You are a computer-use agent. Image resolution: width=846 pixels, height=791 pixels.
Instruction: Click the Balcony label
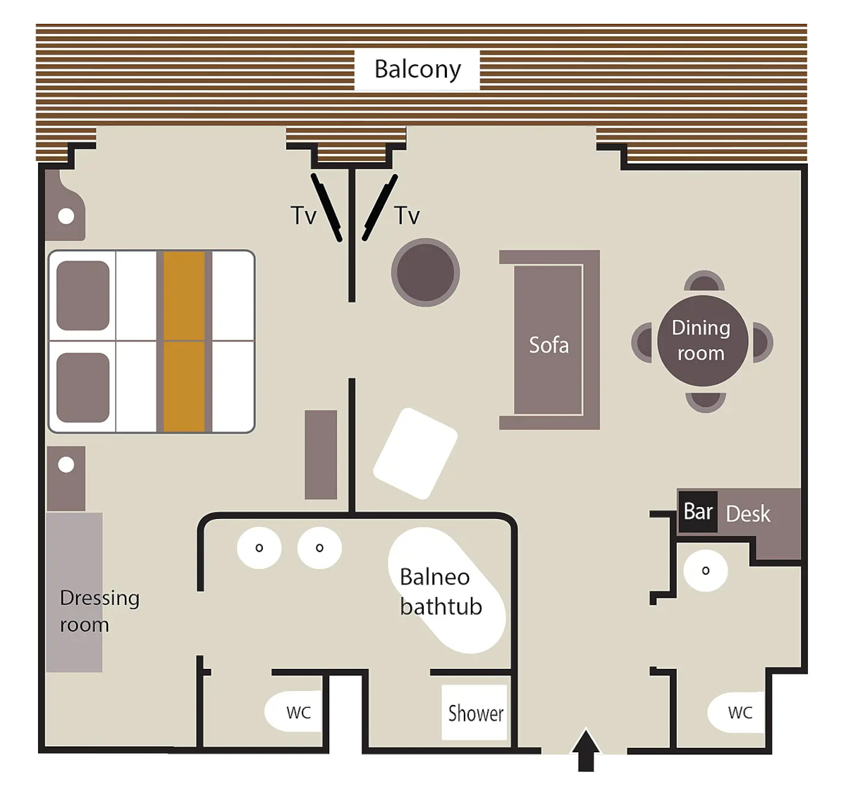(417, 69)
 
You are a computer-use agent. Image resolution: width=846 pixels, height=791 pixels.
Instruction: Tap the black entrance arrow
(586, 751)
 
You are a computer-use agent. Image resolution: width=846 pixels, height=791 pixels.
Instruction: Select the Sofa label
(548, 345)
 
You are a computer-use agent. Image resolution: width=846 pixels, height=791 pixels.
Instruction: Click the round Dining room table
(702, 341)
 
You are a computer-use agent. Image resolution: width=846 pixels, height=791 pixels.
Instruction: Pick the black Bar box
(698, 512)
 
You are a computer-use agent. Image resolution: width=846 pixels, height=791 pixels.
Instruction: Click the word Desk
(748, 513)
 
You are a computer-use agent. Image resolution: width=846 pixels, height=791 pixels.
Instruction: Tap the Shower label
(475, 713)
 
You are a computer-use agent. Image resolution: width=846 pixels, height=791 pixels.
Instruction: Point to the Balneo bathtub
(446, 590)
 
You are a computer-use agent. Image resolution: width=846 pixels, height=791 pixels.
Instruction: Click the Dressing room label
(99, 611)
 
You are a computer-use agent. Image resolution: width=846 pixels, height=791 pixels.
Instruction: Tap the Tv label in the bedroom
(303, 215)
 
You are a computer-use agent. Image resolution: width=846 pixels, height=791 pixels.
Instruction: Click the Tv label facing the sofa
(407, 215)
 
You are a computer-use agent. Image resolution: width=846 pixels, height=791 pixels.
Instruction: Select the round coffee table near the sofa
(426, 272)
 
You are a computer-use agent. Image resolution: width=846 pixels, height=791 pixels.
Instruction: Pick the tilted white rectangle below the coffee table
(415, 453)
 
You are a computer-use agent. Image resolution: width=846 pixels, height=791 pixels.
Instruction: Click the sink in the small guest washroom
(706, 570)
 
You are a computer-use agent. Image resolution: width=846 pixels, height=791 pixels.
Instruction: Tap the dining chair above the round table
(704, 281)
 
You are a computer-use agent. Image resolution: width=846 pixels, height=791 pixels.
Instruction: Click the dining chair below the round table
(706, 401)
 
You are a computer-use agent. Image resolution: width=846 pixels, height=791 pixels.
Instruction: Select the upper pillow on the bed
(82, 295)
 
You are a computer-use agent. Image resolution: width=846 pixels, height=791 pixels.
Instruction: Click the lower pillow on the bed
(82, 388)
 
